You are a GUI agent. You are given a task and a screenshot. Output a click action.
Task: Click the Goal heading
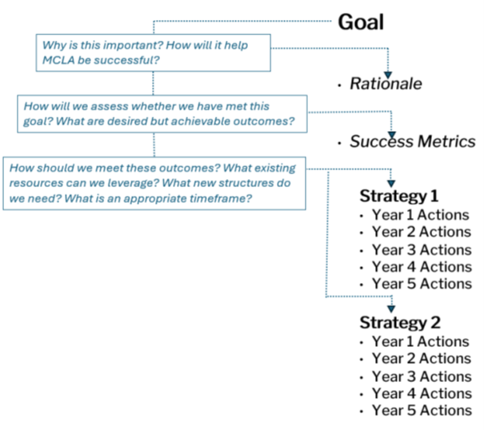[360, 22]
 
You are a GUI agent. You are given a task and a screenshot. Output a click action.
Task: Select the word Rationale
[386, 83]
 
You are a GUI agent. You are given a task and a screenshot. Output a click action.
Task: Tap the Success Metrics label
[412, 141]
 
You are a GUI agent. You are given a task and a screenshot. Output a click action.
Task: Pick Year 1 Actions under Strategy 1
[421, 214]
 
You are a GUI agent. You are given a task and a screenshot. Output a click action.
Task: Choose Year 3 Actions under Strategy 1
[421, 249]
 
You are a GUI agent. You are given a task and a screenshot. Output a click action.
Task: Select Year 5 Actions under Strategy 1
[421, 284]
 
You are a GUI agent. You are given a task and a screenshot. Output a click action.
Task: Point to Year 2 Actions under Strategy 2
[421, 358]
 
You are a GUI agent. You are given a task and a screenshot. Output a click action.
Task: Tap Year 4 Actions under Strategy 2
[421, 393]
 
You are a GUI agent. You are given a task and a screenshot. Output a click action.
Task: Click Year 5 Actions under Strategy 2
[421, 410]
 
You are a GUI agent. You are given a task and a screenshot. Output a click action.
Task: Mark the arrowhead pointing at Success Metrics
[391, 133]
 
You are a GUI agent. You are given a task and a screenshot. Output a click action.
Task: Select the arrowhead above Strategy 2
[391, 308]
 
